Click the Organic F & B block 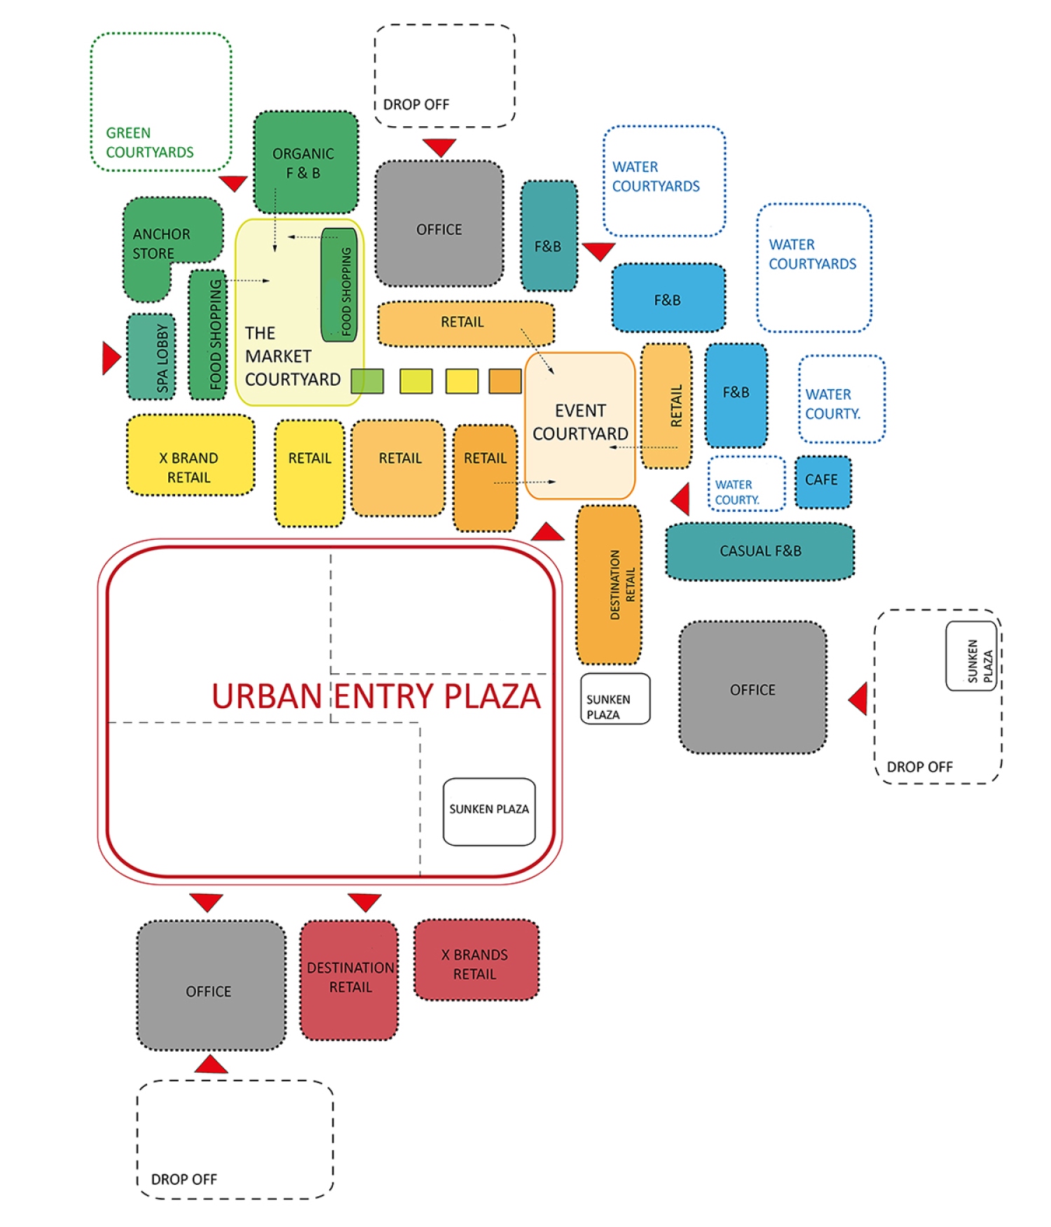305,162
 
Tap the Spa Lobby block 151,357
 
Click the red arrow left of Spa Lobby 111,358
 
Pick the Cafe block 823,482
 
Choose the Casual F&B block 760,552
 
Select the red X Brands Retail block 476,959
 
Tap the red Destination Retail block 349,979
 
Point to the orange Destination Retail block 609,585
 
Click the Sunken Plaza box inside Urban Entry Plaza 489,811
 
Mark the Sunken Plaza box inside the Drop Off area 971,656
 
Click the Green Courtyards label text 150,142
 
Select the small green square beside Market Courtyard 367,381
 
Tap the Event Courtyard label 580,422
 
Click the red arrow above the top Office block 439,147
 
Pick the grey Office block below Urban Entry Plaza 211,985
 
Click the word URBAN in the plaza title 266,696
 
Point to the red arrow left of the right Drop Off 858,698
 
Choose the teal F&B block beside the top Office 549,236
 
